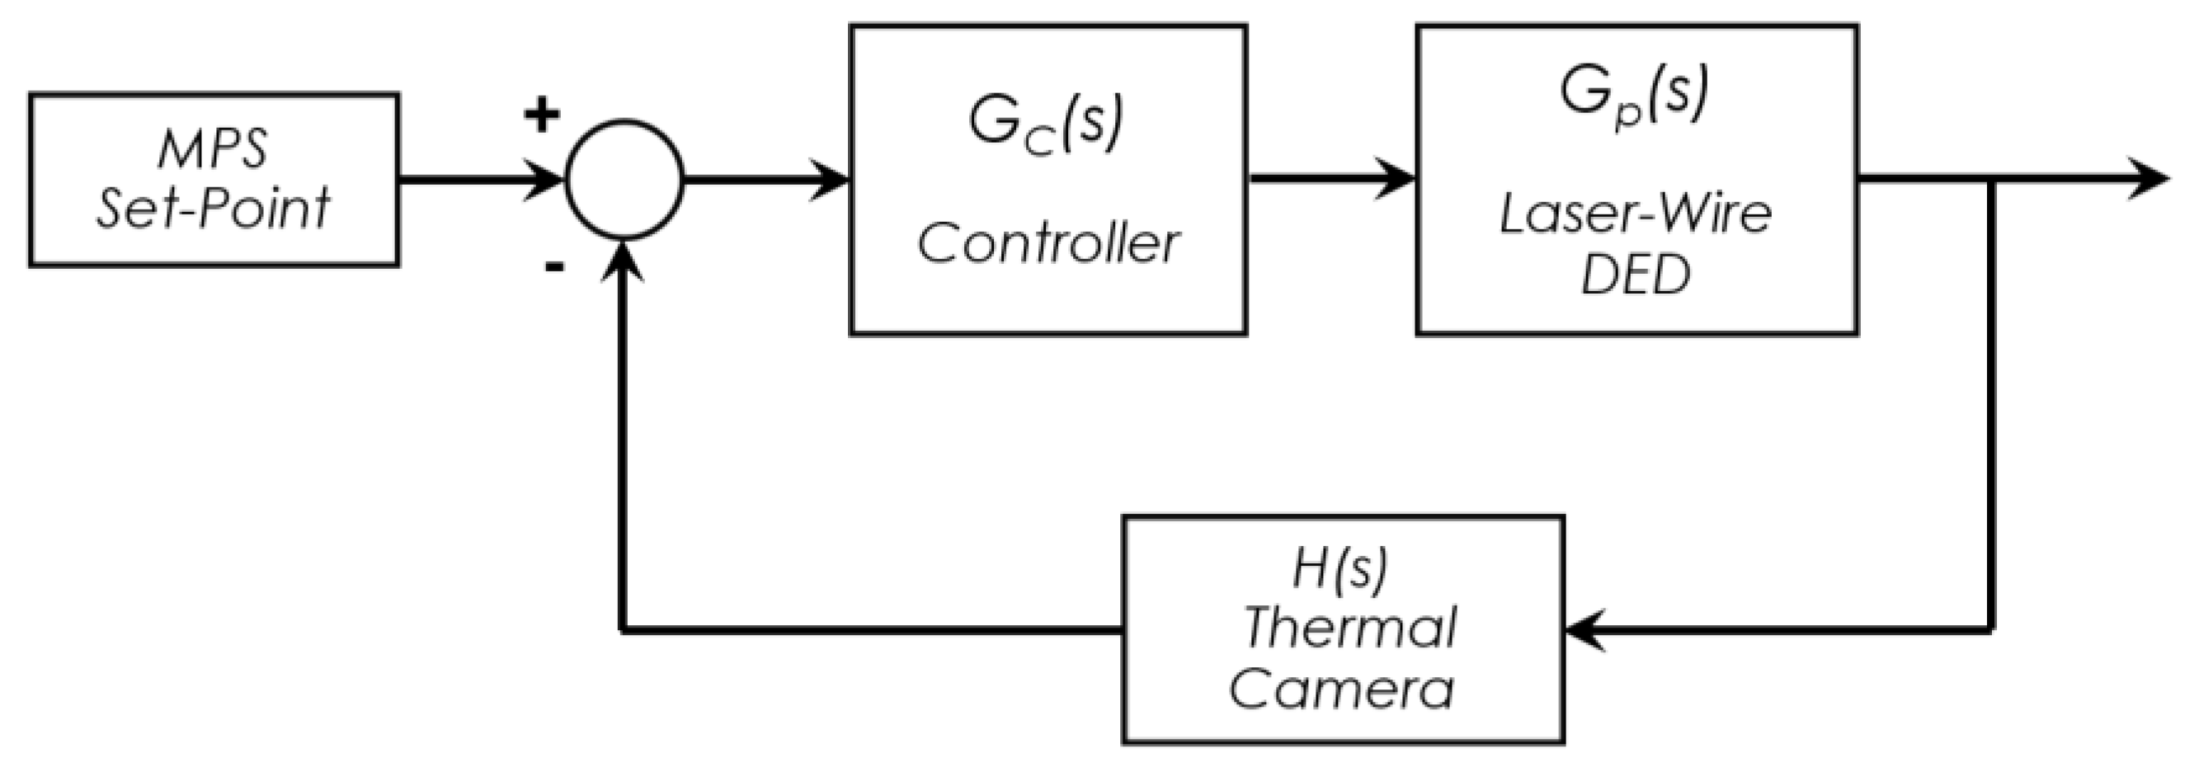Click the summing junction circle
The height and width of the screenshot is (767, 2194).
pos(624,180)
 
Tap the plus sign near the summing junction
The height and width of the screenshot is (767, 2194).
pos(542,115)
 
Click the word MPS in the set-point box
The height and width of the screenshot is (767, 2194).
pos(213,149)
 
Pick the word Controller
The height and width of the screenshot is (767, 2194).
pos(1048,243)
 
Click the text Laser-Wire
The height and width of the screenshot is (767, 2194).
pos(1636,214)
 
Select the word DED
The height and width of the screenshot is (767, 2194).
pos(1636,275)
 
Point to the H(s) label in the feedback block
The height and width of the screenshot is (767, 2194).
pos(1340,569)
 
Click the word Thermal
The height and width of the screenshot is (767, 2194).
pos(1351,628)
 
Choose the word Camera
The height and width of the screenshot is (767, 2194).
pos(1342,689)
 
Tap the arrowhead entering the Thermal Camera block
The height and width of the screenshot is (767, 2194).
pos(1585,631)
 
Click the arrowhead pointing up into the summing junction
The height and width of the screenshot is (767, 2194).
pos(624,261)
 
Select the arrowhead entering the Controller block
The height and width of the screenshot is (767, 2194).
pos(831,180)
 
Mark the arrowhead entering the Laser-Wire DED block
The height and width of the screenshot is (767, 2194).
pos(1396,180)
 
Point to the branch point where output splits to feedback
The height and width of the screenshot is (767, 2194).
pos(1990,180)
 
